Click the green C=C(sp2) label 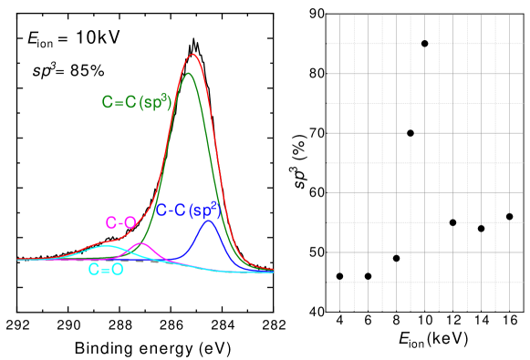pyautogui.click(x=136, y=102)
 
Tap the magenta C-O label pyautogui.click(x=120, y=222)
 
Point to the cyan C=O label pyautogui.click(x=106, y=270)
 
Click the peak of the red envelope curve pyautogui.click(x=192, y=55)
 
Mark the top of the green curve pyautogui.click(x=189, y=73)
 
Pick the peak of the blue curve pyautogui.click(x=209, y=221)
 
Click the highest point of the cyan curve pyautogui.click(x=107, y=245)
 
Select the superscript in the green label pyautogui.click(x=169, y=95)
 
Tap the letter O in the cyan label pyautogui.click(x=117, y=270)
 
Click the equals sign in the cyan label pyautogui.click(x=106, y=270)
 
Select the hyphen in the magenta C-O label pyautogui.click(x=120, y=223)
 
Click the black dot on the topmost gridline pyautogui.click(x=425, y=43)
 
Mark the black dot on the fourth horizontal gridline pyautogui.click(x=410, y=133)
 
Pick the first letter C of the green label pyautogui.click(x=107, y=103)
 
